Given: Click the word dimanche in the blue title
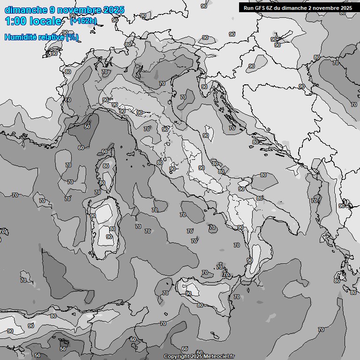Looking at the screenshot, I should pos(25,10).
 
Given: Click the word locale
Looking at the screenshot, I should pos(45,21).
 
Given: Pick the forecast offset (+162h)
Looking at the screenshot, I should pos(83,21).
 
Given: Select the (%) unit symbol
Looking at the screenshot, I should pos(72,37).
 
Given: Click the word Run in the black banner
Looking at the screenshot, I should pos(249,8).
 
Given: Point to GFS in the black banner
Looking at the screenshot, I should pos(261,8).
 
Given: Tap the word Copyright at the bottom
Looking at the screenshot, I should pos(176,356).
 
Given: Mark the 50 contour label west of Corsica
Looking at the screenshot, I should pos(87,127).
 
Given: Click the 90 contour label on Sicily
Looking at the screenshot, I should pos(188,293).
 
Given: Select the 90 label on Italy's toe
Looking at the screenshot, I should pos(250,260).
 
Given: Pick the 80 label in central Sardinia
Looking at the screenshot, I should pos(112,229).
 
